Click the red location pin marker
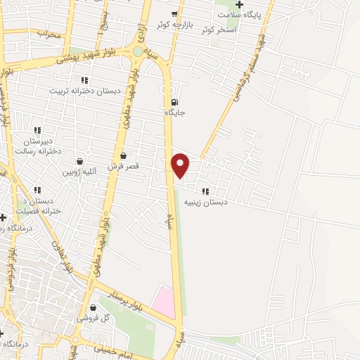point(181,165)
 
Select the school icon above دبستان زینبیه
point(205,191)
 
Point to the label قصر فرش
point(124,166)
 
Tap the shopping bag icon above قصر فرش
point(124,155)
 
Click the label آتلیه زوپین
point(78,172)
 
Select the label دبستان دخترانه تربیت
point(84,91)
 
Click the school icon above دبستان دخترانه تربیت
point(84,80)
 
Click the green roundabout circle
point(138,51)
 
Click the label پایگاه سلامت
point(239,15)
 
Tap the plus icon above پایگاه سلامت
point(240,5)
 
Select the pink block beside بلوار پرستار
point(163,300)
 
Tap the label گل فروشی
point(94,319)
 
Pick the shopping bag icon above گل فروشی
point(94,308)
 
